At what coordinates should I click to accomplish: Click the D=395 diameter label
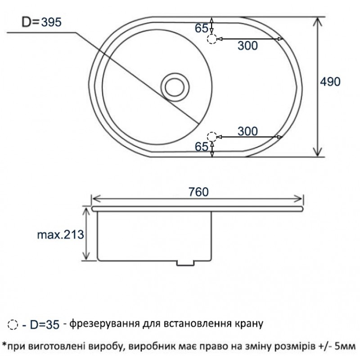[41, 22]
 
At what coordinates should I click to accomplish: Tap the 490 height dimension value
[330, 82]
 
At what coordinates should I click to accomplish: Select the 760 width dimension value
[198, 192]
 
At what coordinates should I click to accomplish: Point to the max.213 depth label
[61, 234]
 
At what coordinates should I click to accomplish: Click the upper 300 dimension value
[248, 45]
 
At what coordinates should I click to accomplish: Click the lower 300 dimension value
[248, 131]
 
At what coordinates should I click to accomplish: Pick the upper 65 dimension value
[201, 28]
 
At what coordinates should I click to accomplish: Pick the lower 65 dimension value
[201, 147]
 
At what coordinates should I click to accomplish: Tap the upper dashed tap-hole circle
[212, 39]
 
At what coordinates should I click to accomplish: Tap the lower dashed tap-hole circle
[212, 137]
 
